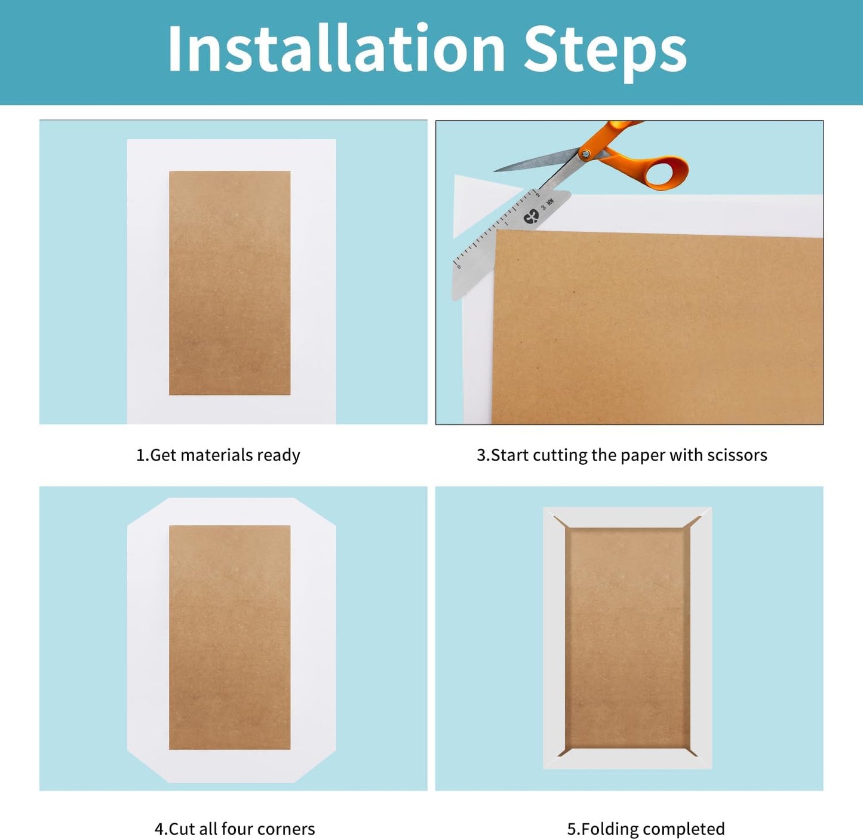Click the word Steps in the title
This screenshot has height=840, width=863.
(606, 53)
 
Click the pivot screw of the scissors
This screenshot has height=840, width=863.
(586, 154)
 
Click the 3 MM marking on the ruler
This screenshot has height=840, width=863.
(547, 204)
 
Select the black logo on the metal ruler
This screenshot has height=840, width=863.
(531, 217)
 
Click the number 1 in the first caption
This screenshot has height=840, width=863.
(140, 455)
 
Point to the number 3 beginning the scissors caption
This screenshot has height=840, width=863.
(481, 455)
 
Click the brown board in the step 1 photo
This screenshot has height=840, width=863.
(230, 283)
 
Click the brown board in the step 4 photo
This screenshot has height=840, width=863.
(230, 637)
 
